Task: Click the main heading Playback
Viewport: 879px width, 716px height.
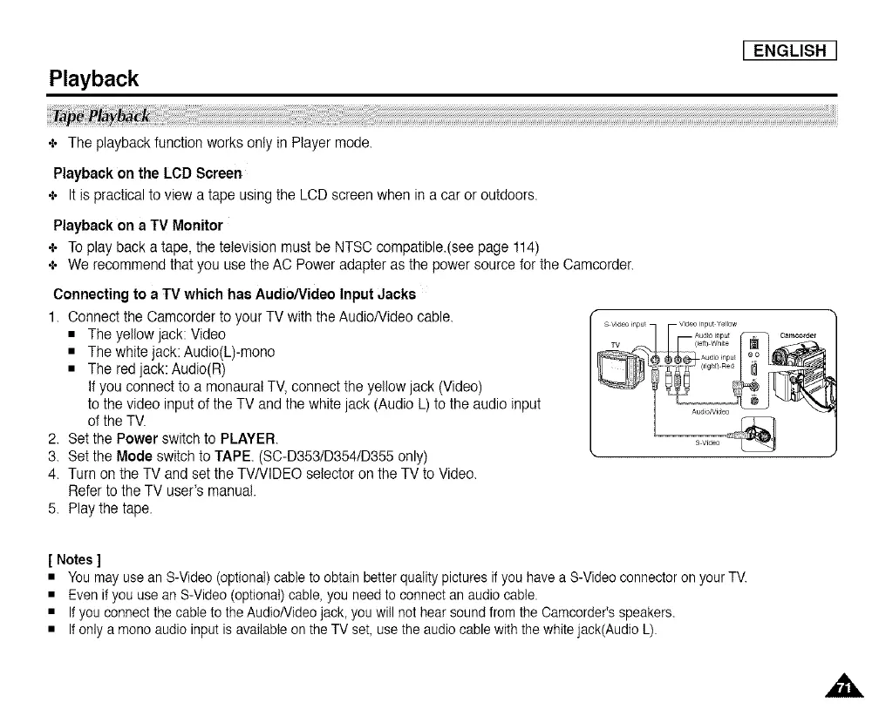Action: point(93,79)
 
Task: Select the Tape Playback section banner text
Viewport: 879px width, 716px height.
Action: point(102,117)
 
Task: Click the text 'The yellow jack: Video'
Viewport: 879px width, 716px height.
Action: point(157,334)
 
